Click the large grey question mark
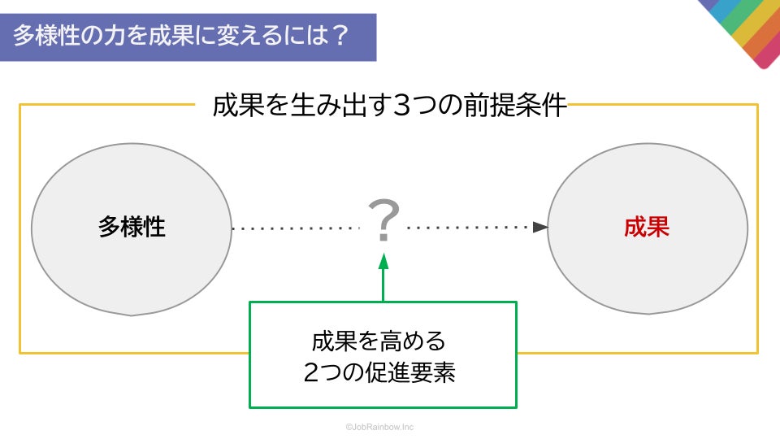tap(383, 221)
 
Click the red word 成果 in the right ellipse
tap(647, 227)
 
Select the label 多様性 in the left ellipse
tap(132, 227)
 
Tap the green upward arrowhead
tap(383, 261)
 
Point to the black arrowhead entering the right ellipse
tap(540, 228)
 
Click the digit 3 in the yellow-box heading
tap(403, 107)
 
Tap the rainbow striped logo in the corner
tap(743, 28)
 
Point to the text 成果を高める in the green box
tap(379, 340)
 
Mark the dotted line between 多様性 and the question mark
tap(297, 229)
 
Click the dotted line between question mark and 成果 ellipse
tap(467, 228)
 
